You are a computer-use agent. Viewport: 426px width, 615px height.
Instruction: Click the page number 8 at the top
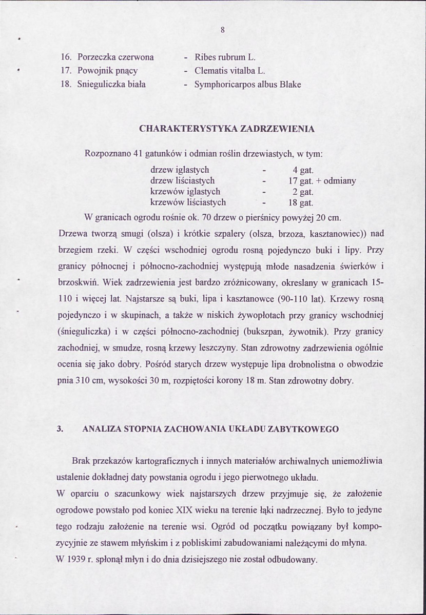point(223,30)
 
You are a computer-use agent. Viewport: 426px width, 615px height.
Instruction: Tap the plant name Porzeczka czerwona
point(115,57)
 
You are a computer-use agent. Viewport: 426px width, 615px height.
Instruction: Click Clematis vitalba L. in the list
point(229,70)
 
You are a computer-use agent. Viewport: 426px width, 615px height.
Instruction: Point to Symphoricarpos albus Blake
point(247,84)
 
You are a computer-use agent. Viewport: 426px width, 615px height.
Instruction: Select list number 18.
point(66,84)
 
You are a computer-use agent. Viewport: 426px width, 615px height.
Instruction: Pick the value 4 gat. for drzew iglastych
point(303,170)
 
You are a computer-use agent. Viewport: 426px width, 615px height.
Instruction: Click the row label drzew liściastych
point(182,181)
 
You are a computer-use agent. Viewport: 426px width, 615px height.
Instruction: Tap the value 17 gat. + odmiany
point(322,181)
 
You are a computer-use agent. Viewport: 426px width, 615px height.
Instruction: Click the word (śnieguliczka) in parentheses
point(84,331)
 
